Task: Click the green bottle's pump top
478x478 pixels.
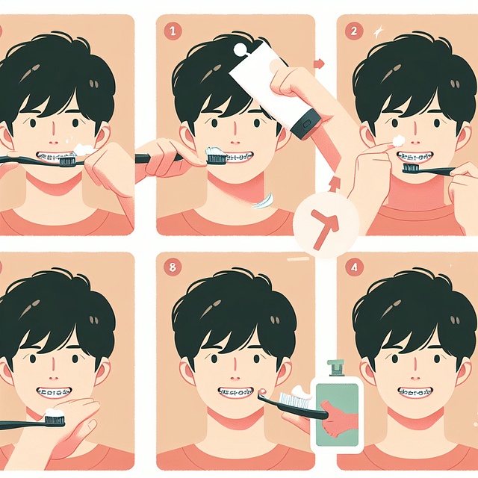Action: click(335, 367)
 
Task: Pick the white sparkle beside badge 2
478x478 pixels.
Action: click(378, 31)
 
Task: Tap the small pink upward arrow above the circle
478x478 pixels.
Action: click(334, 181)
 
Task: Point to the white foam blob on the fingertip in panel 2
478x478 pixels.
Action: click(399, 140)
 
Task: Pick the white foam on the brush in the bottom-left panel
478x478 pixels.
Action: click(54, 412)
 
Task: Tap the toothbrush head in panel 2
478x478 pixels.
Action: click(410, 169)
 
